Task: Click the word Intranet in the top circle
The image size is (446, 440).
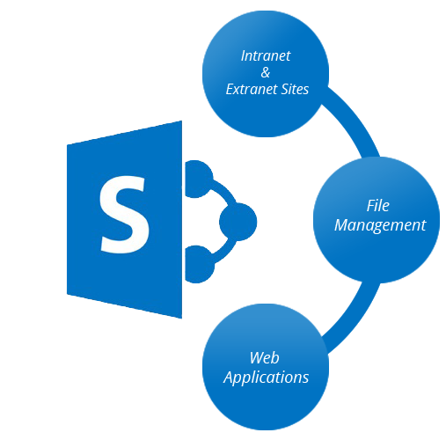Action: pos(266,55)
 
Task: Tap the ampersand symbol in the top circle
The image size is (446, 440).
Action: pos(266,72)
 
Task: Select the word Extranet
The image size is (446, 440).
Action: pos(252,89)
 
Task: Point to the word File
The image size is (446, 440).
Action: pos(378,206)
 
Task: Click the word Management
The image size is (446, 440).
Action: pos(380,225)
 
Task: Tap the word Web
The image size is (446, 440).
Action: pos(264,358)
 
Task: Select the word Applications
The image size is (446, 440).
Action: pos(266,378)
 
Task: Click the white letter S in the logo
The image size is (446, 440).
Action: pos(124,215)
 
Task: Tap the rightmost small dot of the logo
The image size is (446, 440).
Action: pos(238,222)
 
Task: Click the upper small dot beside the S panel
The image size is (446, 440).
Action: pos(198,179)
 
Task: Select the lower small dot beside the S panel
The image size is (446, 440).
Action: pos(199,264)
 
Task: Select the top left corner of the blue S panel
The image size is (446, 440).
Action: pos(67,144)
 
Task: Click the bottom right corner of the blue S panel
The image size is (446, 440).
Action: pos(182,319)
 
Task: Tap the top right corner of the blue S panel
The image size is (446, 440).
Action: pos(182,121)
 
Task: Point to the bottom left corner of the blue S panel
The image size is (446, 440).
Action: pos(67,294)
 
